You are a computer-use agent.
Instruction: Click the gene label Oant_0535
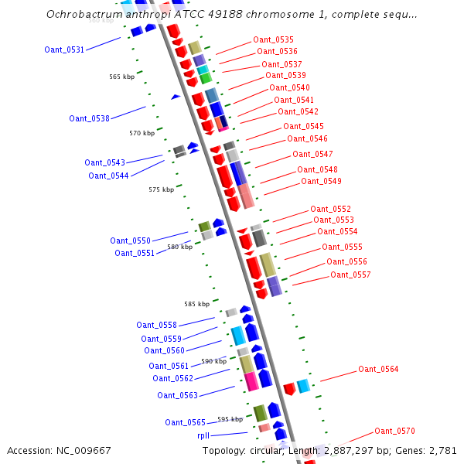point(273,39)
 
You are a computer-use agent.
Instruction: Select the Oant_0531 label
point(64,49)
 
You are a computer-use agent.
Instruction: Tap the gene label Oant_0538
point(89,118)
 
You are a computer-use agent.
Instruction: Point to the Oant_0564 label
point(378,369)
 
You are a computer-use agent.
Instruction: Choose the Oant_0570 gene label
point(394,431)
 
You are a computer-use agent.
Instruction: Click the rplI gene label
point(203,435)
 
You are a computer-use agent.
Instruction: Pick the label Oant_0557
point(350,275)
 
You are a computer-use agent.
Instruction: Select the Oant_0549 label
point(321,181)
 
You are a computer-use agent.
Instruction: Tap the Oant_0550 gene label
point(130,241)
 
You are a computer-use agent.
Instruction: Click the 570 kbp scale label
point(142,133)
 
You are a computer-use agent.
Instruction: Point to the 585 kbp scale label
point(196,304)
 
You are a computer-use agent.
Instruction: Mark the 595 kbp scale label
point(230,419)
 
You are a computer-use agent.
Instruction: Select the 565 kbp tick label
point(121,77)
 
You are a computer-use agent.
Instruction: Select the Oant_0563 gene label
point(177,395)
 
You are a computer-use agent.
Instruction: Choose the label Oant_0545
point(303,126)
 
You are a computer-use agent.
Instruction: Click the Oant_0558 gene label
point(156,325)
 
